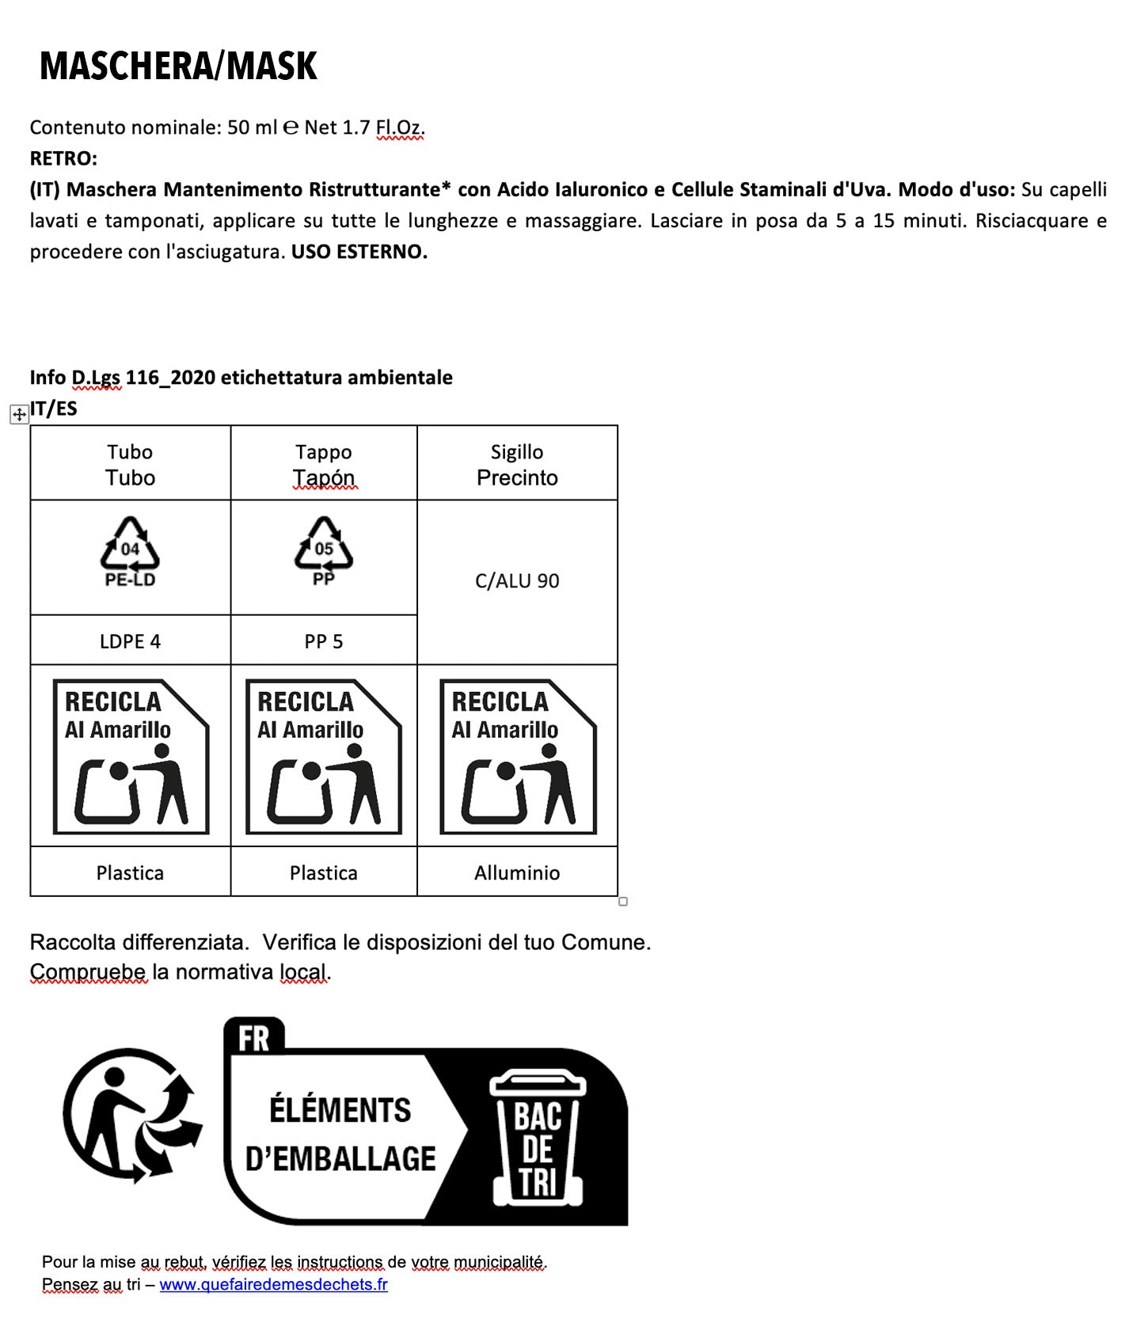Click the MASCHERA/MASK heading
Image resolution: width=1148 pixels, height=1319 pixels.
178,66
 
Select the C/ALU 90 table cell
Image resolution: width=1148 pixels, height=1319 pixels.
517,581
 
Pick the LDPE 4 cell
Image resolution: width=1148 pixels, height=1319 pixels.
130,641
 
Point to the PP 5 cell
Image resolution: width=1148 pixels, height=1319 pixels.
323,641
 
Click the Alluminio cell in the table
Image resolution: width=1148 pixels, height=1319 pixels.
517,872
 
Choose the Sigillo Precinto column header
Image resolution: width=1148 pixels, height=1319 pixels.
517,464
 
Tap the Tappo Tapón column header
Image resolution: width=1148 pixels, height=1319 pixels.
323,464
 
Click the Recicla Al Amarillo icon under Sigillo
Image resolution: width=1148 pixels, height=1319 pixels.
518,756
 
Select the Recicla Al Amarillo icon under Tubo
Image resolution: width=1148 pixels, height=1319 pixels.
131,756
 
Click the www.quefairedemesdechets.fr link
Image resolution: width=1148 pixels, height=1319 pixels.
273,1284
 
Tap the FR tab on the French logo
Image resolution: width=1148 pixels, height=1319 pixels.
253,1037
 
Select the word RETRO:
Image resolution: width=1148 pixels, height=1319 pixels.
63,158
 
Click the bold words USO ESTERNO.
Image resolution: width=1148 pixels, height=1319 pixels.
359,252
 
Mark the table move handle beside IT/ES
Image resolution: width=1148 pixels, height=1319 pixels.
19,414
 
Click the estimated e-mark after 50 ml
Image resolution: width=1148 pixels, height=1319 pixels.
291,127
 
